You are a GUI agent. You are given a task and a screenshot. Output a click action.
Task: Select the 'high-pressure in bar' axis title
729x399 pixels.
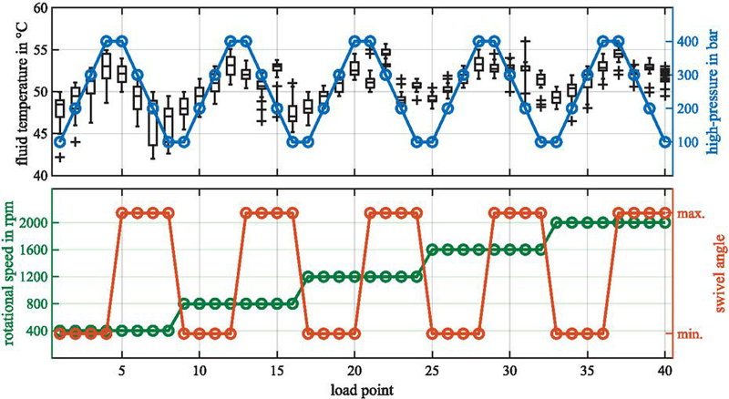pyautogui.click(x=716, y=90)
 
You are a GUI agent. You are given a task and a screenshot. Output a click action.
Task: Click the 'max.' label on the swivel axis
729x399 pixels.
pyautogui.click(x=691, y=213)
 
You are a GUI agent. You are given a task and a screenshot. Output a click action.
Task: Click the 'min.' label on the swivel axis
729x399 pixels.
pyautogui.click(x=690, y=334)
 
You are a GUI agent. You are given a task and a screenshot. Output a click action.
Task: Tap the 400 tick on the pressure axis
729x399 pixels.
pyautogui.click(x=689, y=42)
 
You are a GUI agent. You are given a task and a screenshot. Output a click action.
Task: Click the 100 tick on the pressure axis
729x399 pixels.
pyautogui.click(x=689, y=142)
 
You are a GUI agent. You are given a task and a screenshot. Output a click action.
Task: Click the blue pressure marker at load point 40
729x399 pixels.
pyautogui.click(x=665, y=142)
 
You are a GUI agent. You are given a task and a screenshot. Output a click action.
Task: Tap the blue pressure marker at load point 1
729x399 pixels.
pyautogui.click(x=60, y=142)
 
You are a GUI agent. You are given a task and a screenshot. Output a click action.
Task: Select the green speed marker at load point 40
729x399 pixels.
pyautogui.click(x=665, y=222)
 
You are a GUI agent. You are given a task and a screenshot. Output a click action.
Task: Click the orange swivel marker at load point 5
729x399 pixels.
pyautogui.click(x=122, y=213)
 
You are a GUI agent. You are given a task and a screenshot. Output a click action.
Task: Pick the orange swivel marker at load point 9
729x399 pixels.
pyautogui.click(x=184, y=333)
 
